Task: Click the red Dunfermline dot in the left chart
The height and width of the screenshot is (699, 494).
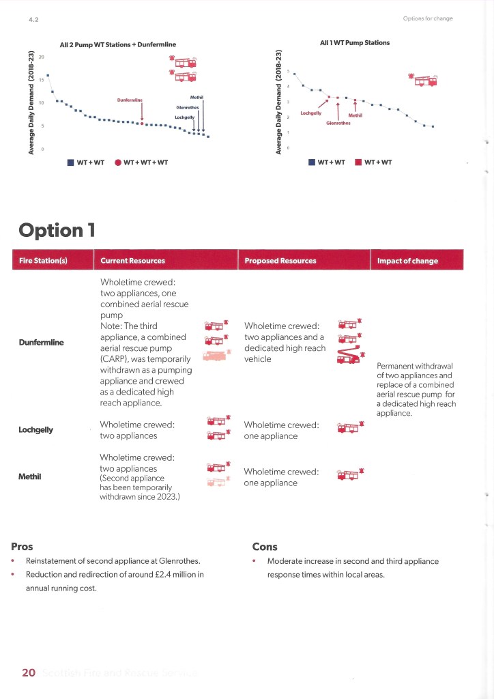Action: click(141, 124)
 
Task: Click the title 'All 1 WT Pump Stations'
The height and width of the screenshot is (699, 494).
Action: click(355, 43)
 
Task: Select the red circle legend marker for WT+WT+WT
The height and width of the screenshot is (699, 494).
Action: click(118, 162)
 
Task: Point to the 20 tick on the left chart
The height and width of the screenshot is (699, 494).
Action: click(41, 57)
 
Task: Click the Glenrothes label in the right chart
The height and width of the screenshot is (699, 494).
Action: click(338, 124)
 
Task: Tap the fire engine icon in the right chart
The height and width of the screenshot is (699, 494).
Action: click(422, 79)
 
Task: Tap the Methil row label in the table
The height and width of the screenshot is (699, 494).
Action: click(31, 476)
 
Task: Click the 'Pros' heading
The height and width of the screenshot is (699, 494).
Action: click(22, 546)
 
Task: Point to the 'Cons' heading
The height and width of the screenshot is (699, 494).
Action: click(265, 546)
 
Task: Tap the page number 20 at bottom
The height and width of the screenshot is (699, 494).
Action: click(28, 673)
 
